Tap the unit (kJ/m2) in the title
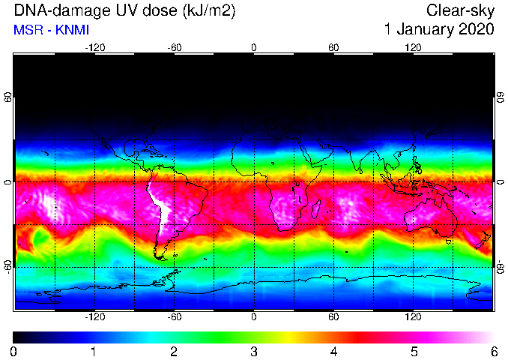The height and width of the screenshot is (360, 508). coord(209,11)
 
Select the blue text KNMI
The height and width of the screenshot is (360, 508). coord(72,30)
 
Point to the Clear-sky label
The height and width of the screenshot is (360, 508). coord(460,11)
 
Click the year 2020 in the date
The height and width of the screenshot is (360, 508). coord(477,29)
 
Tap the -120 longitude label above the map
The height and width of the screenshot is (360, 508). coord(95,48)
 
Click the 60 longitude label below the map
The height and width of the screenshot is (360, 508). coord(333,316)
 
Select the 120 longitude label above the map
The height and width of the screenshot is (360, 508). coord(413,48)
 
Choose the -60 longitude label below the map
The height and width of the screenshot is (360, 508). coord(175,316)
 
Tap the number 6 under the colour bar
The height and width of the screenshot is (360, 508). coord(494,351)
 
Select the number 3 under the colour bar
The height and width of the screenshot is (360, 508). coord(254,351)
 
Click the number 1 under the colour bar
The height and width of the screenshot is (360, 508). coord(94,351)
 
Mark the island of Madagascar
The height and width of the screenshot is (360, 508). coord(316,209)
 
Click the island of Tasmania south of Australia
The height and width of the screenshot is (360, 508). coord(449,242)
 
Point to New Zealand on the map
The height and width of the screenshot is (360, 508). coord(483,240)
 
